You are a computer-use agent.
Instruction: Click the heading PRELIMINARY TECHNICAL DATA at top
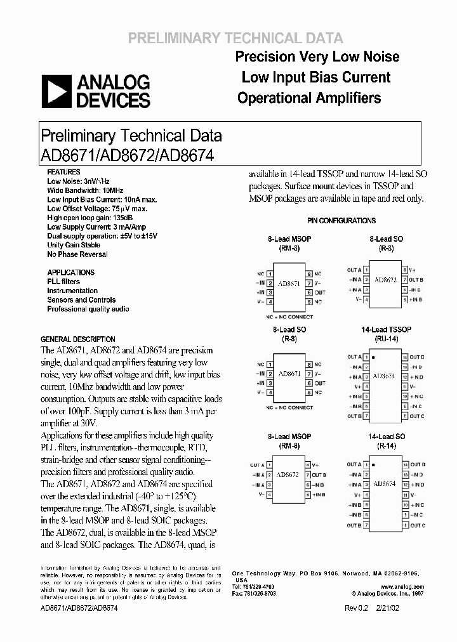pos(235,38)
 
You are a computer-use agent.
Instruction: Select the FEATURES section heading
pos(63,172)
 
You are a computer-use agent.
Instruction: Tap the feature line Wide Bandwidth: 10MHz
pos(85,190)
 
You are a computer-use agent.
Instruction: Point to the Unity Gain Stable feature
pos(74,245)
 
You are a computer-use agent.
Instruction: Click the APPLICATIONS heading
pos(70,272)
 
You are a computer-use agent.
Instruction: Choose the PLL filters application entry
pos(63,282)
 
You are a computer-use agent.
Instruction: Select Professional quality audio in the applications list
pos(88,309)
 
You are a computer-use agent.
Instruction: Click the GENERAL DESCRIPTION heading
pos(78,339)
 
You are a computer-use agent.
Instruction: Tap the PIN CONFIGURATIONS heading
pos(341,221)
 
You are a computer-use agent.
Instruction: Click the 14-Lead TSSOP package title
pos(386,330)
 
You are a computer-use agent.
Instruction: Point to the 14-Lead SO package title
pos(386,437)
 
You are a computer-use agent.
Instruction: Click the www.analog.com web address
pos(404,587)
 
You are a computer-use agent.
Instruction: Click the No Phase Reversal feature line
pos(77,254)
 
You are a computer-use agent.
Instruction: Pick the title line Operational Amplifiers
pos(308,98)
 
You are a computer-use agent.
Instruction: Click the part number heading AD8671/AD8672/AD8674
pos(127,154)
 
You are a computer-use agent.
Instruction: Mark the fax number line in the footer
pos(254,594)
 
